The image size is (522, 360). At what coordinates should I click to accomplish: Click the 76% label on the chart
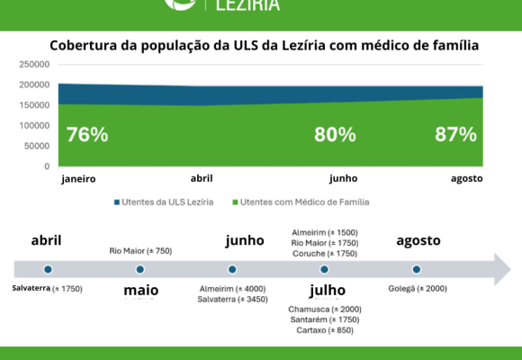pos(87,134)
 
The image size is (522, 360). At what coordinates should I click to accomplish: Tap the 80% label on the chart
pos(335,134)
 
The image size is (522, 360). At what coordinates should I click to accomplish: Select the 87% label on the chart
pos(455,134)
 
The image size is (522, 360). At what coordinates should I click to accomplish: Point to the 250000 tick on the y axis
pos(34,64)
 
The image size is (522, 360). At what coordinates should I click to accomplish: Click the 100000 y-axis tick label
pos(34,126)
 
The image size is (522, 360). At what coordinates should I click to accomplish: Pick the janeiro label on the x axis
pos(78,179)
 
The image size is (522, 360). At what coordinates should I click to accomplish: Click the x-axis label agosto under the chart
pos(467,179)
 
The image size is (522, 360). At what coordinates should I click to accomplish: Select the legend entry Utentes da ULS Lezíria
pos(164,202)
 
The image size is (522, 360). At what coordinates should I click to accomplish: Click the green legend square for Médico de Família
pos(235,202)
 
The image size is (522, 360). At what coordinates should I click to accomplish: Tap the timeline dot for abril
pos(48,269)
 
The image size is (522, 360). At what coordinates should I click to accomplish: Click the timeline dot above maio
pos(140,269)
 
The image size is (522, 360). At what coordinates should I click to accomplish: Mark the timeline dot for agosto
pos(417,269)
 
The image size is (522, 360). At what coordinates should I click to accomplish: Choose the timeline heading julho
pos(328,291)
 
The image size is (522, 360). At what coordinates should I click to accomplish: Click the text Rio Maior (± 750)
pos(140,251)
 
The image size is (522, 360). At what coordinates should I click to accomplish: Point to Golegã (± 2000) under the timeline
pos(418,288)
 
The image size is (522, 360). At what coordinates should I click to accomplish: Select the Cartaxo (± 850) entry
pos(325,330)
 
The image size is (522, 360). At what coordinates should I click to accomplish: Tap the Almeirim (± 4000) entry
pos(233,289)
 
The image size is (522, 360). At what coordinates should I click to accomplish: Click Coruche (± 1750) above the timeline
pos(325,254)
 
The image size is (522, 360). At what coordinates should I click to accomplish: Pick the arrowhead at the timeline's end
pos(502,269)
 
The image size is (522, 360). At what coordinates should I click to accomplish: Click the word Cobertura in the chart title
pos(84,45)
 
